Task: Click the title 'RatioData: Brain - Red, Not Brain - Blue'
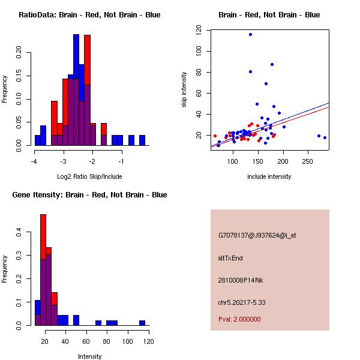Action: (89, 15)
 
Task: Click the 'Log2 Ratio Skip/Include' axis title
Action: (89, 176)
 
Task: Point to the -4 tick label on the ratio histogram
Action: (35, 162)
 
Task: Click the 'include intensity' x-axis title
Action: (269, 176)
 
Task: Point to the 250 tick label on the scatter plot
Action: (308, 162)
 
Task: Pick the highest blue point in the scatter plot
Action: (250, 35)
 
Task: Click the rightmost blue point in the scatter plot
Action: (325, 137)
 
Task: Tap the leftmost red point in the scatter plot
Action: (215, 136)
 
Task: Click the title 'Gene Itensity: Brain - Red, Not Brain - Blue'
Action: (89, 195)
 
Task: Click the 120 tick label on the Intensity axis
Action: (148, 342)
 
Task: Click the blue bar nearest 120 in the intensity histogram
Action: (142, 323)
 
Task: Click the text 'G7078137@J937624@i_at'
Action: (257, 235)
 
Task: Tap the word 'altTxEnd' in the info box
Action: (230, 258)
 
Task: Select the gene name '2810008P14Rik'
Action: (241, 280)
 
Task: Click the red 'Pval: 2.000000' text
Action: (239, 319)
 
